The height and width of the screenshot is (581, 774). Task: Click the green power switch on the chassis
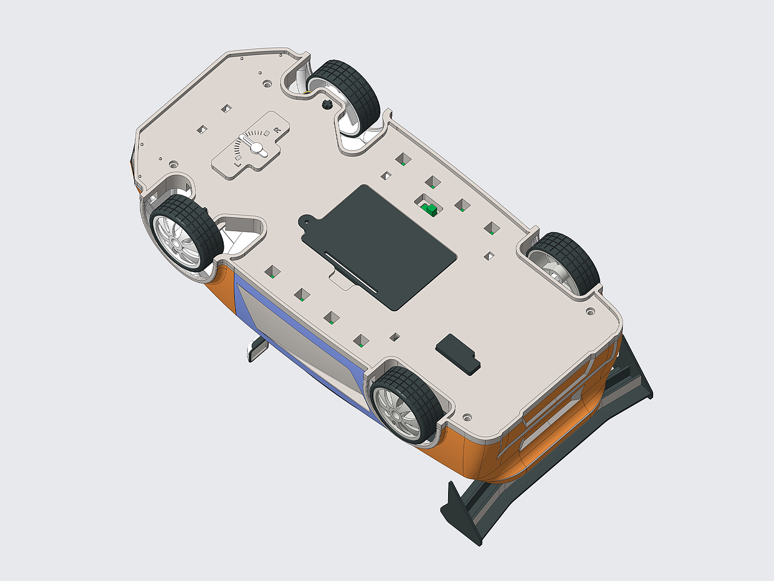pos(430,209)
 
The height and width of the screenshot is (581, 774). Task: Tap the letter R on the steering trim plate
pos(276,130)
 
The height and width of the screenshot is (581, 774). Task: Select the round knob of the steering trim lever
pos(258,148)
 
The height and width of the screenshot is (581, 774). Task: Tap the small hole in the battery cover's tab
pos(307,222)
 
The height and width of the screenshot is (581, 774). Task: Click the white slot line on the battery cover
pos(351,269)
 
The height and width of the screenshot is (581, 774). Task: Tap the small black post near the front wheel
pos(328,105)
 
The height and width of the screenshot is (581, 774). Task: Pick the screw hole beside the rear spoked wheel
pos(467,418)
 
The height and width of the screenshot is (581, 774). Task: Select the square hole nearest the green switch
pos(433,182)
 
